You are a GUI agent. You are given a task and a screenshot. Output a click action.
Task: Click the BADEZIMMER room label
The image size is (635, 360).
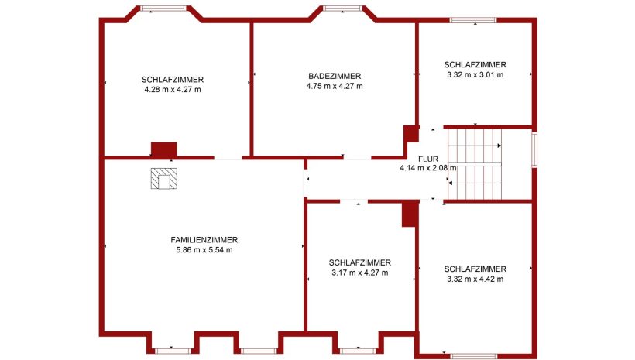tap(335, 76)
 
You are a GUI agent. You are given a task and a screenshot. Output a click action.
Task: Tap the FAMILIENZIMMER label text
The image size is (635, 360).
tap(204, 240)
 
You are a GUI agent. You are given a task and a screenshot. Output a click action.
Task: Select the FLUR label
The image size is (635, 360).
tap(428, 159)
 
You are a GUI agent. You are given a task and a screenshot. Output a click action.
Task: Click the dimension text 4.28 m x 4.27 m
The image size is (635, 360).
tap(173, 90)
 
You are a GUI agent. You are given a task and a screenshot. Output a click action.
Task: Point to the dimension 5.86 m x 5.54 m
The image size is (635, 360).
tap(204, 250)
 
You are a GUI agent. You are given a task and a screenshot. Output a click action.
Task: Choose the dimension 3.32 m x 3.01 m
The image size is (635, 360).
tap(475, 75)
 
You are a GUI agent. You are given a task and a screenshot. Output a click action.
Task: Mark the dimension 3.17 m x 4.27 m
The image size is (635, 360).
tap(359, 273)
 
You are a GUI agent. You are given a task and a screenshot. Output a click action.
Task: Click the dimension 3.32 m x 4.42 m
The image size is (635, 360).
tap(475, 279)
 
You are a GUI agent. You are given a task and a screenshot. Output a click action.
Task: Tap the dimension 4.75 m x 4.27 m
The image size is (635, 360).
tap(335, 86)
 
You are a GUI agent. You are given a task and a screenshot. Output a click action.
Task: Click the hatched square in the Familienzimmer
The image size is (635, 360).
tap(164, 179)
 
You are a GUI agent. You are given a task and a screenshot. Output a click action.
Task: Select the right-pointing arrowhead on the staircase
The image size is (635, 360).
tap(499, 146)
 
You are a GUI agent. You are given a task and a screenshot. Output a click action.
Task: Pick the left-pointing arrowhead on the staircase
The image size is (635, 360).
tap(450, 183)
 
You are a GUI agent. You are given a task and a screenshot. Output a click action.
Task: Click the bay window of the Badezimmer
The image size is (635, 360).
tap(342, 9)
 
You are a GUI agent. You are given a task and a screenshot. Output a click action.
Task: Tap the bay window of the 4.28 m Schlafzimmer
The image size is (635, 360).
tap(163, 9)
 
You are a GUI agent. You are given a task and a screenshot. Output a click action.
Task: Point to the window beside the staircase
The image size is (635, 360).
tap(534, 149)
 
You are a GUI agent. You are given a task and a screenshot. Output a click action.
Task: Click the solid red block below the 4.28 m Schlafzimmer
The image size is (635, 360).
tap(164, 149)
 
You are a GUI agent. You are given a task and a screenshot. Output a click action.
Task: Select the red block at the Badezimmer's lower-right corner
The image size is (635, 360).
tap(411, 134)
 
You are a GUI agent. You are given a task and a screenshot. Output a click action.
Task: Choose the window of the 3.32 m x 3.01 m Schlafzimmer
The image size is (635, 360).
tap(473, 20)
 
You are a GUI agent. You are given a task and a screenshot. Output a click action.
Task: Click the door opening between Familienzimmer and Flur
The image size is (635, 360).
tap(306, 179)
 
